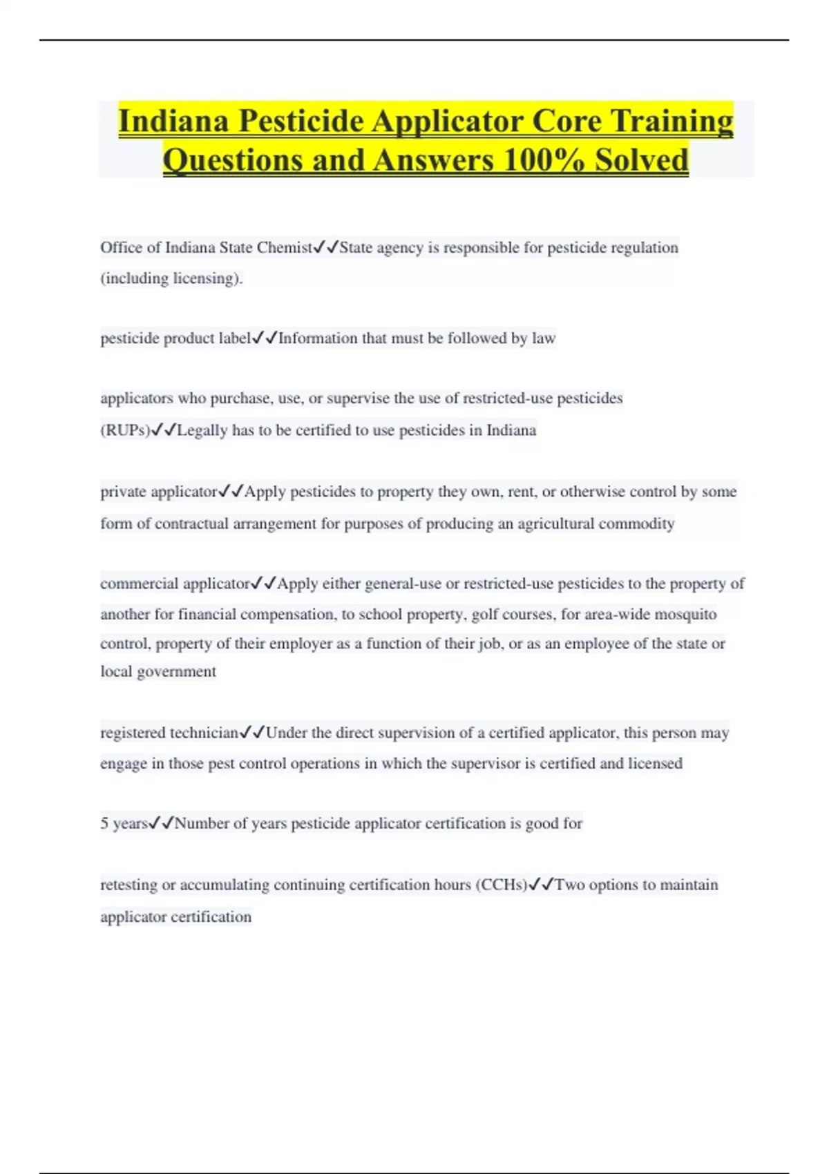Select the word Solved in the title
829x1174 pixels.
(642, 160)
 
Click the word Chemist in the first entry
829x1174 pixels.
(284, 248)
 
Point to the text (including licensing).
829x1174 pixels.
(171, 278)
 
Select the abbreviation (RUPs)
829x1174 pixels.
(125, 430)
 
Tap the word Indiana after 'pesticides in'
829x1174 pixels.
(511, 430)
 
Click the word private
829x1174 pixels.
(123, 492)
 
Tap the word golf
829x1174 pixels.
(486, 615)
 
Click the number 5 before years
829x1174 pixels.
(104, 824)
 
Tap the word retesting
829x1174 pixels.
(128, 885)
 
